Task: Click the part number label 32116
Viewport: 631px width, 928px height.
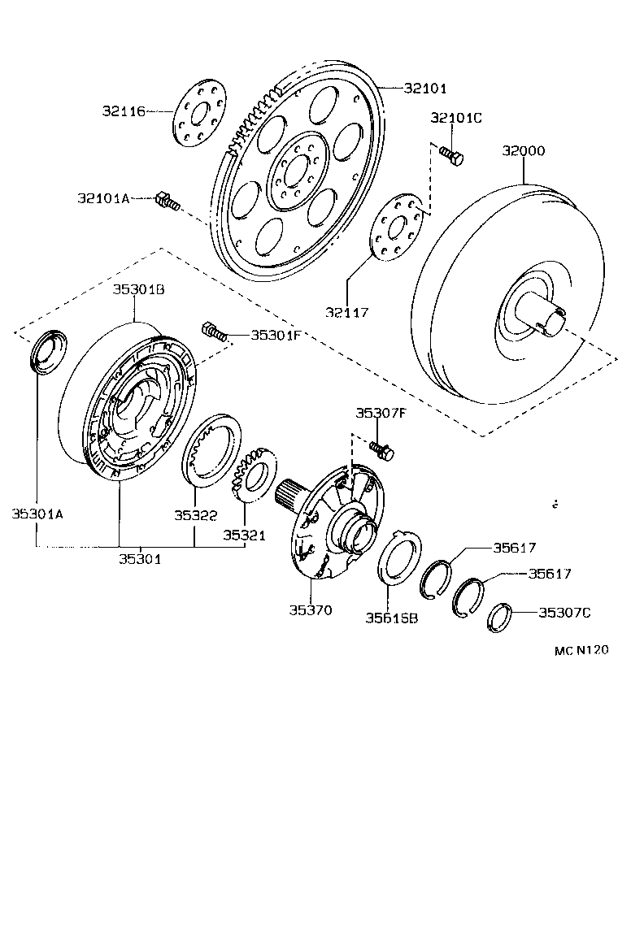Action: point(124,111)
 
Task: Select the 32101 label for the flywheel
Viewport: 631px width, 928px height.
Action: point(425,88)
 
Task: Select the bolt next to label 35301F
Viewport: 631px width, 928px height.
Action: point(213,332)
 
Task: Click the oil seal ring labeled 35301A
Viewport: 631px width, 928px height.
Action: point(48,351)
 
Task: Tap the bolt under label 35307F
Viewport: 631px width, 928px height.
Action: point(381,449)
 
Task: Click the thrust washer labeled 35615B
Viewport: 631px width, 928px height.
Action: point(398,561)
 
